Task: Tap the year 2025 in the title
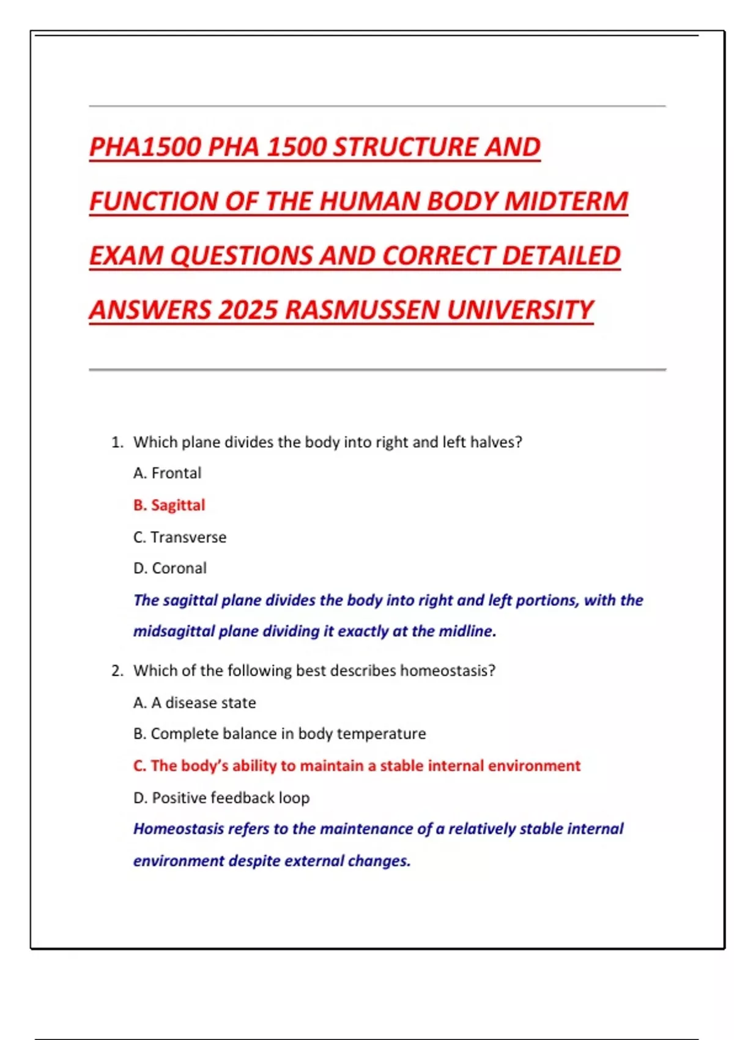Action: click(x=248, y=310)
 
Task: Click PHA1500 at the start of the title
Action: click(x=145, y=147)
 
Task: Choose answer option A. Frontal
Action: click(x=167, y=473)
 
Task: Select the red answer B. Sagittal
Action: click(x=169, y=505)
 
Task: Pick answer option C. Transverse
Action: click(x=180, y=537)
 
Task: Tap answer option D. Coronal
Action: click(x=170, y=568)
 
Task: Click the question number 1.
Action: click(x=117, y=442)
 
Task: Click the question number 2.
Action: click(x=117, y=671)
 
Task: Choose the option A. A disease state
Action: click(x=195, y=703)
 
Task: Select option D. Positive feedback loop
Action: click(x=221, y=798)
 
